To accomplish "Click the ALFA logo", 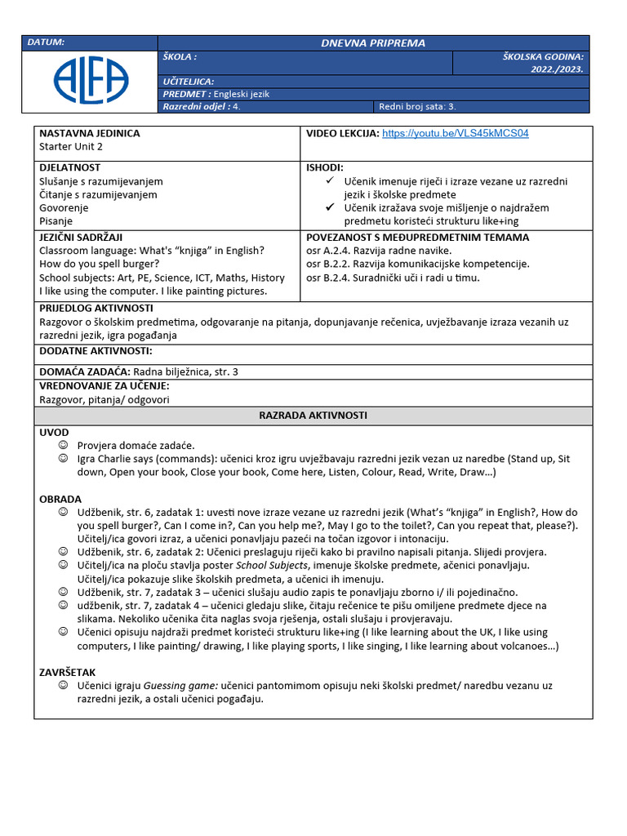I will (x=91, y=80).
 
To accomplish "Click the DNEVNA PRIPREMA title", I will (x=372, y=42).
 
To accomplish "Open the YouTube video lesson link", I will (x=455, y=133).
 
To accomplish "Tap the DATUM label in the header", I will (x=46, y=42).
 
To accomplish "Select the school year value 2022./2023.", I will (x=557, y=69).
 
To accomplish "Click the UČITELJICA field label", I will (x=189, y=82).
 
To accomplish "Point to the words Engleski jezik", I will (x=242, y=94).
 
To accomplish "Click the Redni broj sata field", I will (x=417, y=106).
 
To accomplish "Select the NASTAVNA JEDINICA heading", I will (x=90, y=133).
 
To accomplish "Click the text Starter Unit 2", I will (x=71, y=147).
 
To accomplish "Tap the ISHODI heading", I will (x=324, y=167).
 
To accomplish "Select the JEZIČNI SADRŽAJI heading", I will (x=81, y=238).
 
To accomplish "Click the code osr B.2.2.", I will (x=330, y=264).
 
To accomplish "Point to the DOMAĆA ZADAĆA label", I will (x=84, y=371).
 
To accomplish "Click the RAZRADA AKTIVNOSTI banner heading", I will (x=313, y=416).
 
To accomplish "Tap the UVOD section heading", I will (x=54, y=432).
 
